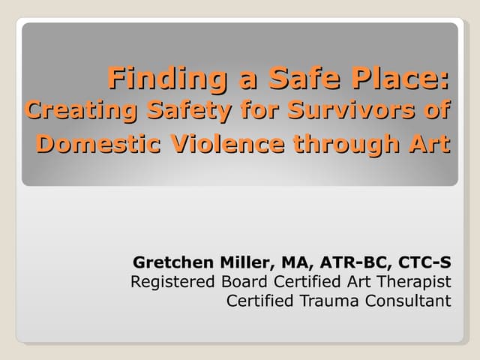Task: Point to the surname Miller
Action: (243, 262)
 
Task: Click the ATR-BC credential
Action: (352, 262)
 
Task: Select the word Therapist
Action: (415, 282)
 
